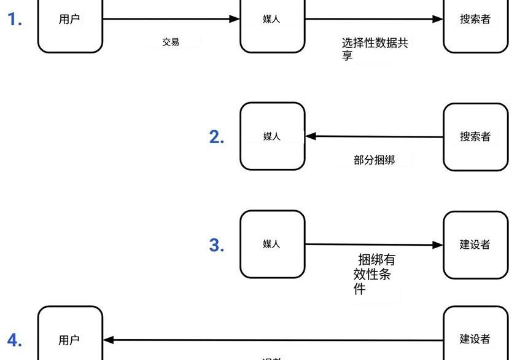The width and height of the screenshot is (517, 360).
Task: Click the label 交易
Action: pos(171,42)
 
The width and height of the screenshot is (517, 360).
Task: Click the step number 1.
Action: pos(15,20)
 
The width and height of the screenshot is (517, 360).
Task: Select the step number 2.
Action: pos(217,137)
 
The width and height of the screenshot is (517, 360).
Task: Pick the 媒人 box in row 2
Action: pos(272,136)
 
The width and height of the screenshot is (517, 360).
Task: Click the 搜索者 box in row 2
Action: pos(475,136)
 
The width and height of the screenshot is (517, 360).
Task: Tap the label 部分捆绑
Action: pos(374,160)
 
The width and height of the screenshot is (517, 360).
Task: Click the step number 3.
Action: pos(217,245)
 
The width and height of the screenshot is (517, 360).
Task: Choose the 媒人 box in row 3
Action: pos(272,244)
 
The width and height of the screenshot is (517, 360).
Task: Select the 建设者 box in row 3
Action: pos(475,245)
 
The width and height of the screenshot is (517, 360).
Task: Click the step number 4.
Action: pos(15,340)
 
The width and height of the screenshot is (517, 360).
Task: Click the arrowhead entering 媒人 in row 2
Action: pos(311,136)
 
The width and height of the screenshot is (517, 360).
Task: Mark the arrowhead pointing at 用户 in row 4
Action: pos(109,340)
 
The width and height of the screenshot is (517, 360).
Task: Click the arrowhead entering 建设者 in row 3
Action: pos(438,245)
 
